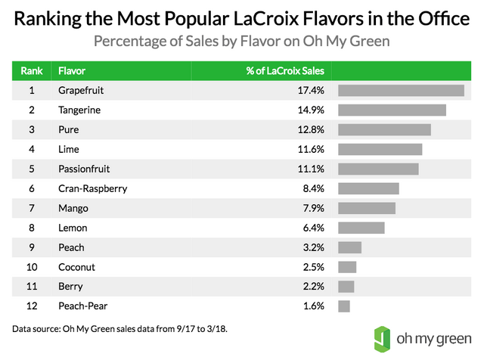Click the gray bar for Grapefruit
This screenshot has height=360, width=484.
click(401, 91)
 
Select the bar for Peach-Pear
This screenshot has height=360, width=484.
click(344, 306)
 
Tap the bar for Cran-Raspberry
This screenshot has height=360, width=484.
click(368, 189)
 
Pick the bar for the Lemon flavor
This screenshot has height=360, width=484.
click(361, 228)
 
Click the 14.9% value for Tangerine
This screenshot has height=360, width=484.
click(312, 110)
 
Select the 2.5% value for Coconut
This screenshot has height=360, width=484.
click(315, 267)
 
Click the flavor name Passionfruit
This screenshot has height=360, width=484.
click(84, 169)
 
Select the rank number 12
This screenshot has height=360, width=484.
click(32, 306)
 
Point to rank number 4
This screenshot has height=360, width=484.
click(32, 150)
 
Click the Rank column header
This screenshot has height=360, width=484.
click(32, 71)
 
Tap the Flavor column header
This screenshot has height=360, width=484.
click(73, 71)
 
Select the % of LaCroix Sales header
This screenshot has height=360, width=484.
click(285, 71)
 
